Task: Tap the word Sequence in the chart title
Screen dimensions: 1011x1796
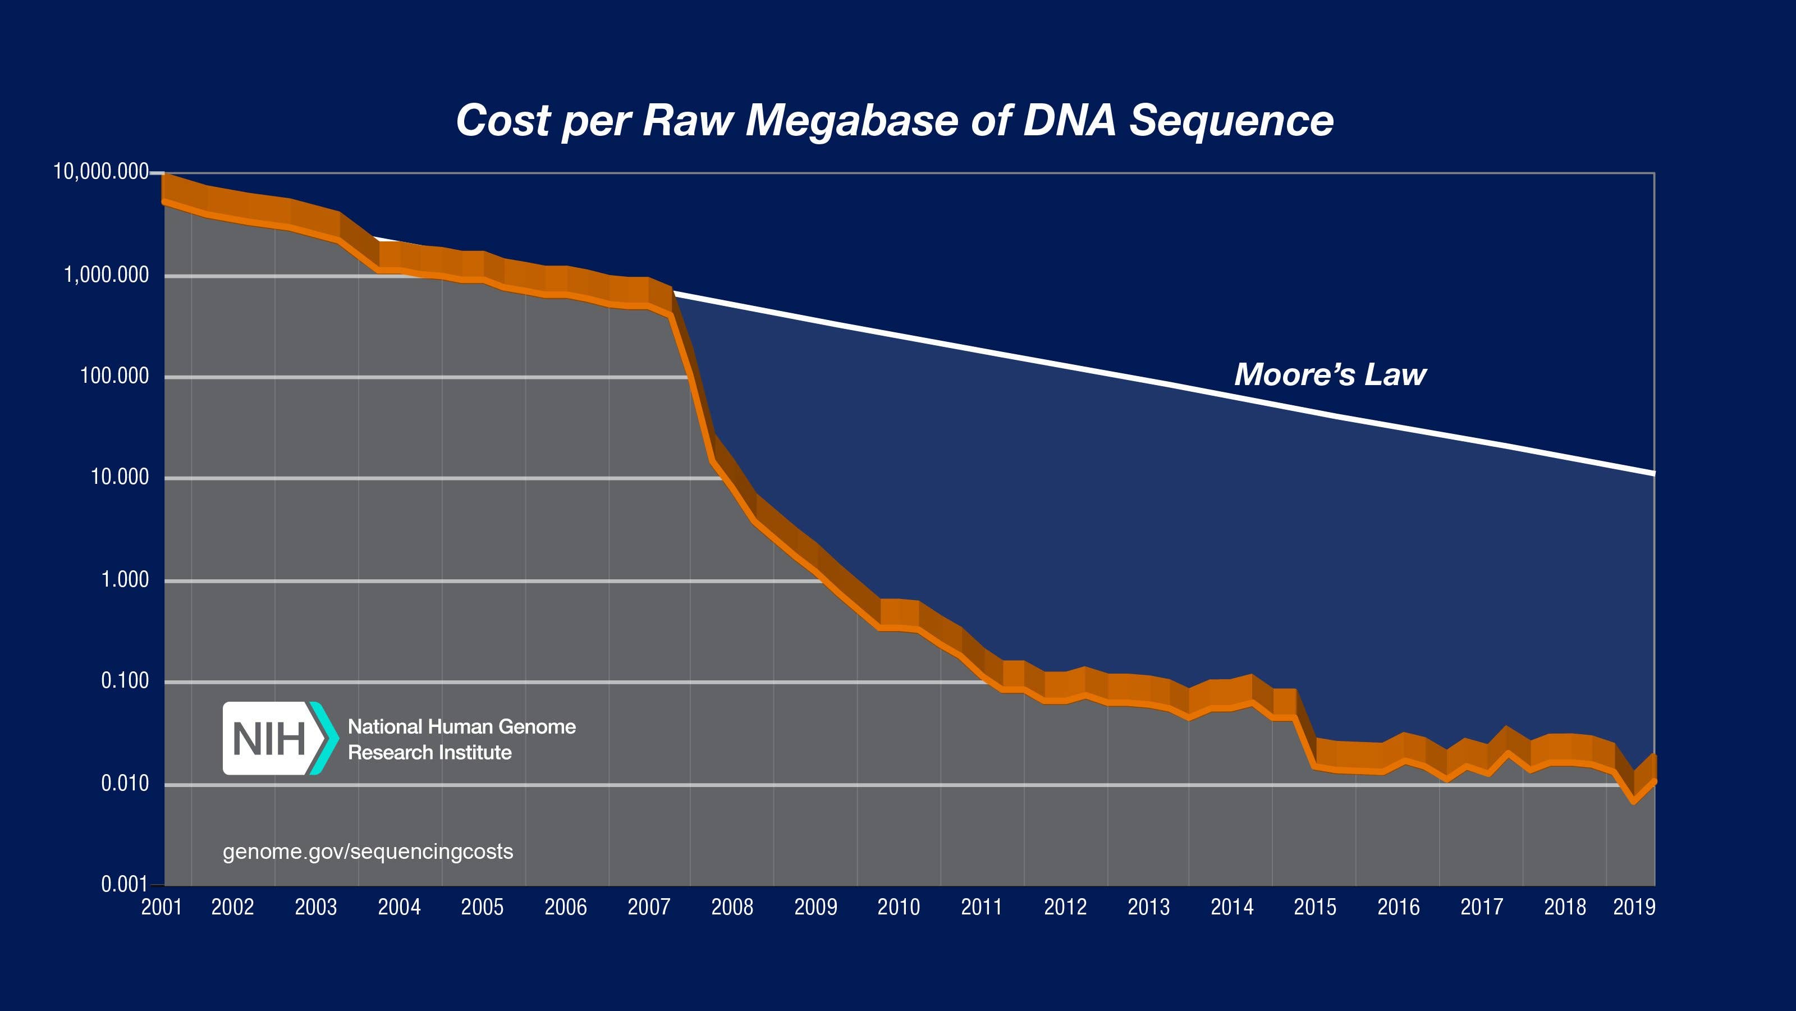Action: tap(1231, 121)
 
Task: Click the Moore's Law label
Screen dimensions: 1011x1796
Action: tap(1330, 374)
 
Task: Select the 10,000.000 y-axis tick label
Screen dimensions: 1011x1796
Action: tap(101, 172)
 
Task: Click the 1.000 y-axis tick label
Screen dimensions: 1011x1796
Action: tap(125, 579)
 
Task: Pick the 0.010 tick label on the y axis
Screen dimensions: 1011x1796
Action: tap(125, 784)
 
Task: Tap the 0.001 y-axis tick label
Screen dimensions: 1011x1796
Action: tap(125, 884)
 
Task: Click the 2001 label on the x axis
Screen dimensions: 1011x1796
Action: tap(162, 907)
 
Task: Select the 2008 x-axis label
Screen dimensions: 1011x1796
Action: tap(732, 907)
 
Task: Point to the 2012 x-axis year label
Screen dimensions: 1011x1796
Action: tap(1065, 907)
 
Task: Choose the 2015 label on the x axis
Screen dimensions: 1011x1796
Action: tap(1315, 907)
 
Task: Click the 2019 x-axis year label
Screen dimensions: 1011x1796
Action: tap(1634, 907)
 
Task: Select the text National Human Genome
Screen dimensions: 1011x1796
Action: tap(461, 726)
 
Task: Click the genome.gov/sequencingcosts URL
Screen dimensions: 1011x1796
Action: tap(368, 852)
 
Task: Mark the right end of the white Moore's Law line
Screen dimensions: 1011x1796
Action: tap(1652, 473)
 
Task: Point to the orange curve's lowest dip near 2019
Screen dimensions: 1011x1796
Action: tap(1634, 802)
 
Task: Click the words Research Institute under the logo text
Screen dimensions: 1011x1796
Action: tap(429, 752)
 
